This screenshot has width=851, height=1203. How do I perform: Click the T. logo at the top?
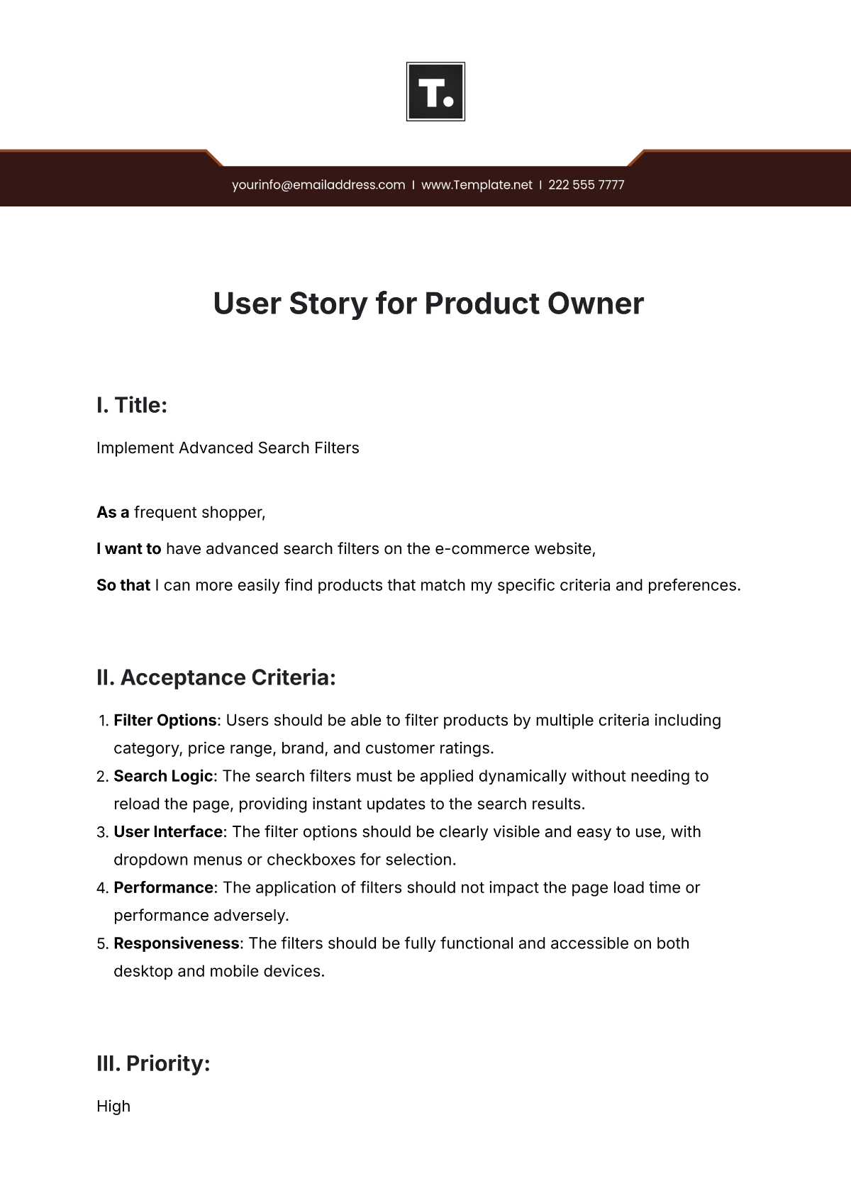tap(435, 92)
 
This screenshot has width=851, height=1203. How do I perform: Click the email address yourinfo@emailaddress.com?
tap(318, 185)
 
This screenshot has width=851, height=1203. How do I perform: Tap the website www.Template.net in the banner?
tap(477, 185)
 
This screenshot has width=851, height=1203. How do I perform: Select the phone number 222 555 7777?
tap(586, 185)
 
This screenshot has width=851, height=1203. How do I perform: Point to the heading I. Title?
tap(132, 406)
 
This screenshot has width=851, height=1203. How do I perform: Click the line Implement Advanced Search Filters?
tap(228, 448)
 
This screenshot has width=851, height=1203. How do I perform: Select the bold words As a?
tap(113, 513)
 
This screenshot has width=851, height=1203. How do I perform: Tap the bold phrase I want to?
tap(129, 549)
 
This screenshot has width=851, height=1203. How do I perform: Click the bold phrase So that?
tap(123, 586)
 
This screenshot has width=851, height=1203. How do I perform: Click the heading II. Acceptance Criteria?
tap(216, 678)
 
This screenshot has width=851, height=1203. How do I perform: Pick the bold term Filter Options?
tap(165, 721)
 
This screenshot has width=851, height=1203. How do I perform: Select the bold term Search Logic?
tap(163, 777)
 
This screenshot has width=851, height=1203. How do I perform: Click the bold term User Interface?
tap(168, 832)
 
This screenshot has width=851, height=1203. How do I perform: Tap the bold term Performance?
tap(163, 888)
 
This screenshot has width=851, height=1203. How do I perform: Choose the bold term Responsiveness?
tap(176, 944)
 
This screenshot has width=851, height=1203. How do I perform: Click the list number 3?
tap(101, 833)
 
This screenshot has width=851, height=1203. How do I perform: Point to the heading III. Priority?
tap(153, 1064)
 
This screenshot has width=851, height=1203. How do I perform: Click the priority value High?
tap(113, 1107)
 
